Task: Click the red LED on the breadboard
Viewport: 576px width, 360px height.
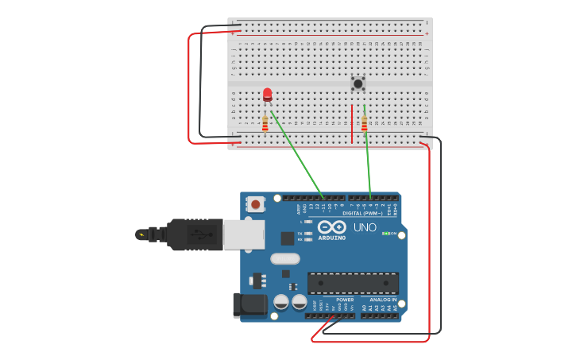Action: [x=267, y=95]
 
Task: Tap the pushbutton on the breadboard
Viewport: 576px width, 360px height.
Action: [x=358, y=83]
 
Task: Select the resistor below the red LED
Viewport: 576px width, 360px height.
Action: [x=265, y=123]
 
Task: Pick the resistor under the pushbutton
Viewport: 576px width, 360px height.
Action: [x=365, y=123]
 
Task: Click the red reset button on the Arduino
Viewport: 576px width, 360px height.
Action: [x=256, y=204]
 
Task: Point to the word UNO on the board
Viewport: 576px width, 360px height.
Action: [x=365, y=227]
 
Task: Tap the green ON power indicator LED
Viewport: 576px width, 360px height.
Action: [x=385, y=234]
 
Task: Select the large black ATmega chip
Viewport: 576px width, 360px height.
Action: [x=353, y=283]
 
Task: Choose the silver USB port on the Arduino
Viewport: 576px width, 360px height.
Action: [x=243, y=234]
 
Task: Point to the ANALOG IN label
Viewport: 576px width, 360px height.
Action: [x=383, y=300]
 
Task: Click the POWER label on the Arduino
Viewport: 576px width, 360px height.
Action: [x=345, y=300]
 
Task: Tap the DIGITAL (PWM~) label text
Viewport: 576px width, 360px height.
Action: [x=362, y=214]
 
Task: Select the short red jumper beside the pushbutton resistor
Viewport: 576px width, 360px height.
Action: [x=352, y=124]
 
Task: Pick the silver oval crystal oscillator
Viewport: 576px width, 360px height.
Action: [x=285, y=258]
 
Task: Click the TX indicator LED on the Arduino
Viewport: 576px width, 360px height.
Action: [x=308, y=234]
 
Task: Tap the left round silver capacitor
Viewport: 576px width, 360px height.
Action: [x=281, y=302]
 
